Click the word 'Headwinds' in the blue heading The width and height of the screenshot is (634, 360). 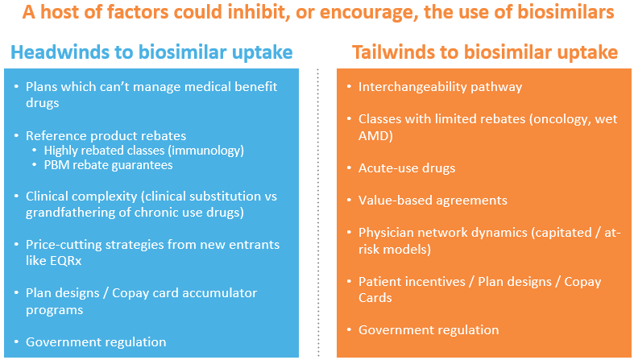tap(67, 52)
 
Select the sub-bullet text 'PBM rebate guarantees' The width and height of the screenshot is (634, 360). tap(109, 165)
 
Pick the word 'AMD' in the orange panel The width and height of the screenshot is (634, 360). tap(374, 136)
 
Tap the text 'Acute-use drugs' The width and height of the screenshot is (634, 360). tap(407, 168)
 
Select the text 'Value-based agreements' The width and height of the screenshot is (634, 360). tap(433, 201)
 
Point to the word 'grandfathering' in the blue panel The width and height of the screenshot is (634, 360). tap(70, 213)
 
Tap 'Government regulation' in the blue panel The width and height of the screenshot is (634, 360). tap(96, 342)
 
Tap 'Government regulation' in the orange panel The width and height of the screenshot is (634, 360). tap(429, 330)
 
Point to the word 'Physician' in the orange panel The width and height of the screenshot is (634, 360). tap(385, 233)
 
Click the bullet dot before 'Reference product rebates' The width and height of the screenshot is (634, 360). tap(16, 136)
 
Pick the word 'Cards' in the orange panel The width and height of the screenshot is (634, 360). tap(375, 298)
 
